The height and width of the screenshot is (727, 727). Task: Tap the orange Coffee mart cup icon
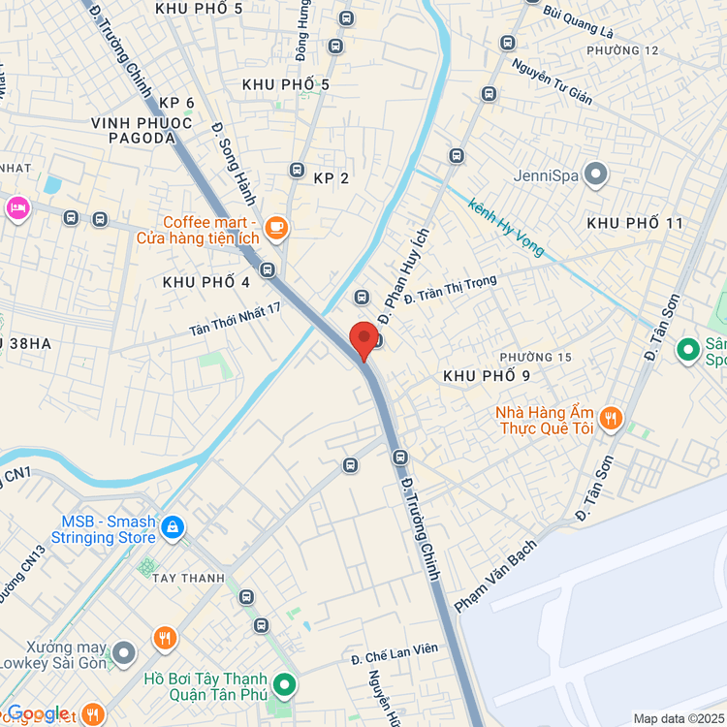tap(276, 227)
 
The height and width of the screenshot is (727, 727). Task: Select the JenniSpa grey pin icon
tap(596, 175)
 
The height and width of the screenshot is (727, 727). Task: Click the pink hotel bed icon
tap(17, 207)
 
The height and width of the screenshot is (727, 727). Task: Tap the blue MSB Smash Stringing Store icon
tap(172, 527)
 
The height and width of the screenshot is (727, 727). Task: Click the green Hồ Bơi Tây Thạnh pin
tap(284, 686)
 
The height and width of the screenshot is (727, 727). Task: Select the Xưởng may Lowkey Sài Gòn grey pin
tap(123, 654)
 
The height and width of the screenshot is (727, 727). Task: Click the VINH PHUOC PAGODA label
tap(134, 130)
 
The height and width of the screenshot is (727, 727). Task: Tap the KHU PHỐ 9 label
tap(486, 375)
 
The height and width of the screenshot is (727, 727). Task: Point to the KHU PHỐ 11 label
tap(635, 223)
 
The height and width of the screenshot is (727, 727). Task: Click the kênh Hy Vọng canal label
tap(505, 228)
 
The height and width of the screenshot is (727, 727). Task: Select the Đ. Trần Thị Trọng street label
tap(450, 289)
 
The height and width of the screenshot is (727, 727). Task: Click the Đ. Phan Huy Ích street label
tap(403, 276)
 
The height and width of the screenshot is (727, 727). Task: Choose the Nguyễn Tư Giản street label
tap(552, 81)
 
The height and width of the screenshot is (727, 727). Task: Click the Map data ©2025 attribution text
tap(678, 718)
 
